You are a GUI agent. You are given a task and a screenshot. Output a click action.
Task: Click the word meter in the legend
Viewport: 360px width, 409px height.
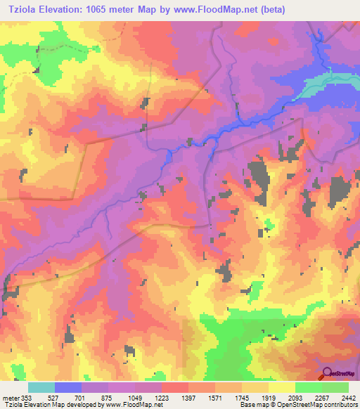[9, 398]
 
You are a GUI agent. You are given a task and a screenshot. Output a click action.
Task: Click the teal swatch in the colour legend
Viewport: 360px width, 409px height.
[41, 387]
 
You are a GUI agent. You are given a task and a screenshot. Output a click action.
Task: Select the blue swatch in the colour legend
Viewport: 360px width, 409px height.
[68, 387]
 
